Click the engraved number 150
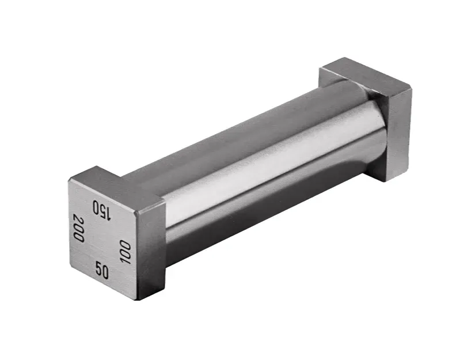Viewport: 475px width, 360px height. [102, 209]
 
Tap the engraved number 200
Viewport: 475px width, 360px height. [78, 228]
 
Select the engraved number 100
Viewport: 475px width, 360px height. [125, 252]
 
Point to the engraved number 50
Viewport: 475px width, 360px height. [102, 270]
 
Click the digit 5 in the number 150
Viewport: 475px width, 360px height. [102, 210]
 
